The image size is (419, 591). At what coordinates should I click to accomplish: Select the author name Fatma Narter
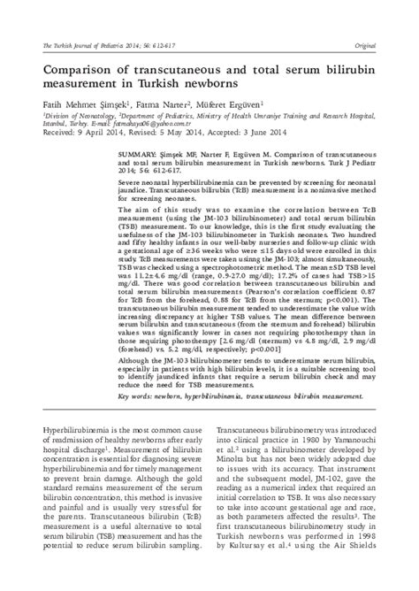(x=159, y=104)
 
